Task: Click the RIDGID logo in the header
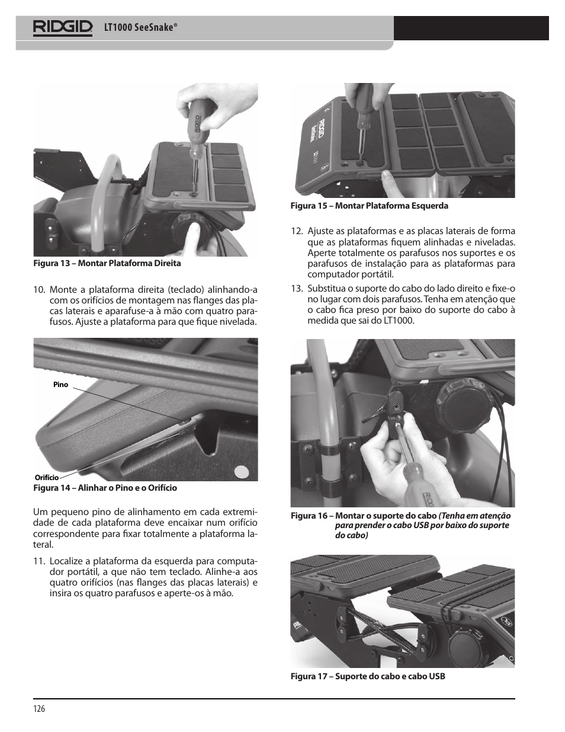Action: pyautogui.click(x=63, y=28)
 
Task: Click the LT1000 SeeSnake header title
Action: pyautogui.click(x=141, y=28)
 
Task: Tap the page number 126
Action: pyautogui.click(x=39, y=709)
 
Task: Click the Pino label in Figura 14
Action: pyautogui.click(x=60, y=385)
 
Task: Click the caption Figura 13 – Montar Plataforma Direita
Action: pyautogui.click(x=107, y=263)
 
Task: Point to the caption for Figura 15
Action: pyautogui.click(x=368, y=206)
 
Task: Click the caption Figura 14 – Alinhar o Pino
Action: pyautogui.click(x=105, y=488)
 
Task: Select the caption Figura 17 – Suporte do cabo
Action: pyautogui.click(x=367, y=676)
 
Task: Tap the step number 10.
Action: pyautogui.click(x=39, y=290)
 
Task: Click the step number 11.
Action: pyautogui.click(x=39, y=561)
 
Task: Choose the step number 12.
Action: pyautogui.click(x=297, y=231)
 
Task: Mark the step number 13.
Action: pyautogui.click(x=297, y=289)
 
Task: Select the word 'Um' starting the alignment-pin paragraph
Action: pyautogui.click(x=39, y=512)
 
